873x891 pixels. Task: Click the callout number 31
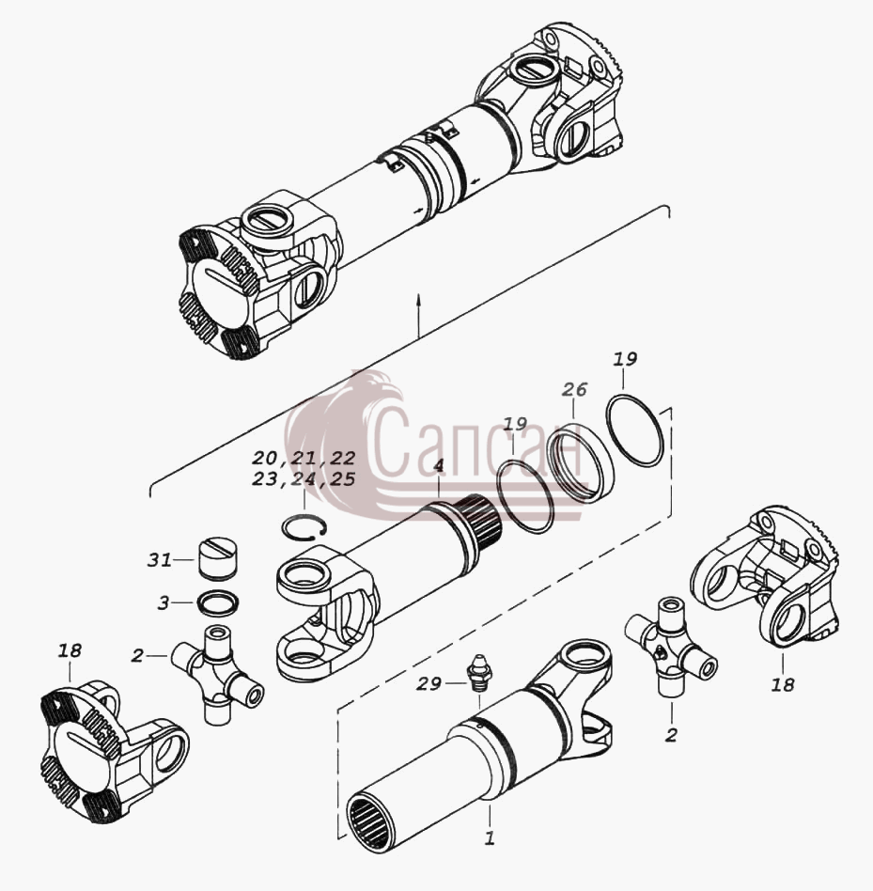pyautogui.click(x=160, y=560)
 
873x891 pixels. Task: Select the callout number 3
pyautogui.click(x=164, y=602)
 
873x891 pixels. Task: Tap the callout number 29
pyautogui.click(x=429, y=683)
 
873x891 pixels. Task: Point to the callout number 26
pyautogui.click(x=574, y=390)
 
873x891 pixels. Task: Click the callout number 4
pyautogui.click(x=438, y=466)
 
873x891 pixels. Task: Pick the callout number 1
pyautogui.click(x=489, y=837)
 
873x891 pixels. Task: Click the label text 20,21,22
pyautogui.click(x=304, y=458)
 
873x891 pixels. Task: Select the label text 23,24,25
pyautogui.click(x=304, y=479)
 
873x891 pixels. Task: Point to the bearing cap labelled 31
pyautogui.click(x=217, y=559)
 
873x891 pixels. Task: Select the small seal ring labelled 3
pyautogui.click(x=217, y=602)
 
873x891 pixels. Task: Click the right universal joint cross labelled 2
pyautogui.click(x=670, y=646)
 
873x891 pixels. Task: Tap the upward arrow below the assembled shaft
pyautogui.click(x=418, y=316)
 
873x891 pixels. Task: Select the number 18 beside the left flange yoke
pyautogui.click(x=70, y=650)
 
